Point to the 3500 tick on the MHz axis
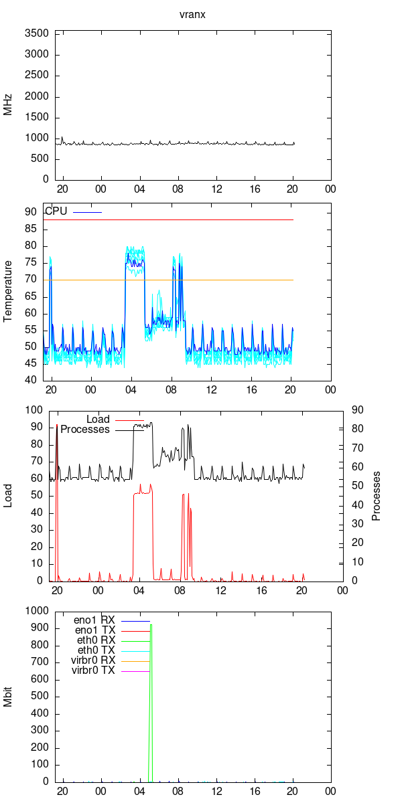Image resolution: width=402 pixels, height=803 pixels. (36, 33)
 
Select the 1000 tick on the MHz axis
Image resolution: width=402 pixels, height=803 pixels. (36, 138)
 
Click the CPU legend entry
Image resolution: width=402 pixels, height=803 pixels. (56, 211)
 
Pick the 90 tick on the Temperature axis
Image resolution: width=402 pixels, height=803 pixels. (31, 212)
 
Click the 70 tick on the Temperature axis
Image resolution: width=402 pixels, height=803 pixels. (31, 280)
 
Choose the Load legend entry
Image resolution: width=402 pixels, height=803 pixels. (98, 420)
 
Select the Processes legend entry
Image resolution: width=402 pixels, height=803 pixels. (85, 430)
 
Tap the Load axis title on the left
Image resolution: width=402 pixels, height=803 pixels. (8, 496)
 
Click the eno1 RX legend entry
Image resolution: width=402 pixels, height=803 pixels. (94, 620)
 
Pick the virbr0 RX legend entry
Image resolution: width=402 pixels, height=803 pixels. (92, 660)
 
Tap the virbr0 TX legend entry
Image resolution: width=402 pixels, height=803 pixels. (92, 671)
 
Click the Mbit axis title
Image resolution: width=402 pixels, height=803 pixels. (8, 697)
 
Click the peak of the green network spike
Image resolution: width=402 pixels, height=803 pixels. (151, 625)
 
